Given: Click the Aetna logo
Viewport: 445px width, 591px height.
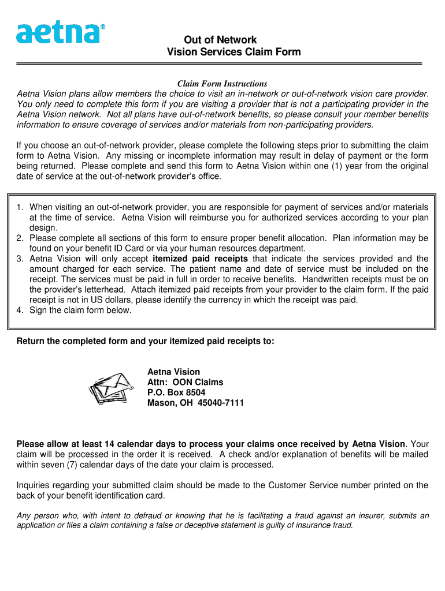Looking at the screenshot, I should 58,33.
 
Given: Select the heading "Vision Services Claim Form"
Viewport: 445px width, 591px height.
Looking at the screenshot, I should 233,53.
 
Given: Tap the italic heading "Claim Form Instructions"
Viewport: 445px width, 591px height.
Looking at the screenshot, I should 222,84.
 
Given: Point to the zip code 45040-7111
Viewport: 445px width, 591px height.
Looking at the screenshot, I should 221,403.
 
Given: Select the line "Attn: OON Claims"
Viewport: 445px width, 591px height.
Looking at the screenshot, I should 185,382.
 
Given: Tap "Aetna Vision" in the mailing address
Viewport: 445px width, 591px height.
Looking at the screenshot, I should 173,372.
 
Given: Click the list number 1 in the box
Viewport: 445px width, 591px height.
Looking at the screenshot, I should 20,207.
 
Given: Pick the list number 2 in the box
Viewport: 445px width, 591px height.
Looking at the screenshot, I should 20,238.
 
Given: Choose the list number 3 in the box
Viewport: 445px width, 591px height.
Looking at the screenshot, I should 20,259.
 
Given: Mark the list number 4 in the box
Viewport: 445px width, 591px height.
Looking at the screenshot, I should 20,311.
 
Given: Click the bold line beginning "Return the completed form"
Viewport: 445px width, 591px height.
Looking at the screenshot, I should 146,341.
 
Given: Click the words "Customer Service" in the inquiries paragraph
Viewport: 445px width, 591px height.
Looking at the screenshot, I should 302,485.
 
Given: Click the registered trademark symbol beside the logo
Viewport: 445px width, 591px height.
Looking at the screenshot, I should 103,27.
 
